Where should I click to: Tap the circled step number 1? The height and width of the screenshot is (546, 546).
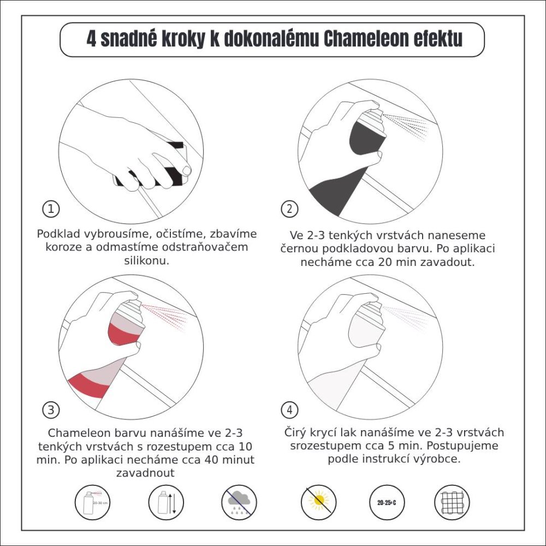(x=51, y=209)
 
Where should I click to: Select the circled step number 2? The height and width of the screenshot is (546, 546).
(x=289, y=209)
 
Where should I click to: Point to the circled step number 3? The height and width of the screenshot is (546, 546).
(x=51, y=410)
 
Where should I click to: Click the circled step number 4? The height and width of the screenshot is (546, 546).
(x=289, y=410)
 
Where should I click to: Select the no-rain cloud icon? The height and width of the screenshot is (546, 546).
(x=239, y=502)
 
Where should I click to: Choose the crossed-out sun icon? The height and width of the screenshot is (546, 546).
(x=318, y=502)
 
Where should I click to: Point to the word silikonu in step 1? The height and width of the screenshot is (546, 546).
(x=147, y=261)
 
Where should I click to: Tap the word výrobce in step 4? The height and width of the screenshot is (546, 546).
(x=437, y=459)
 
